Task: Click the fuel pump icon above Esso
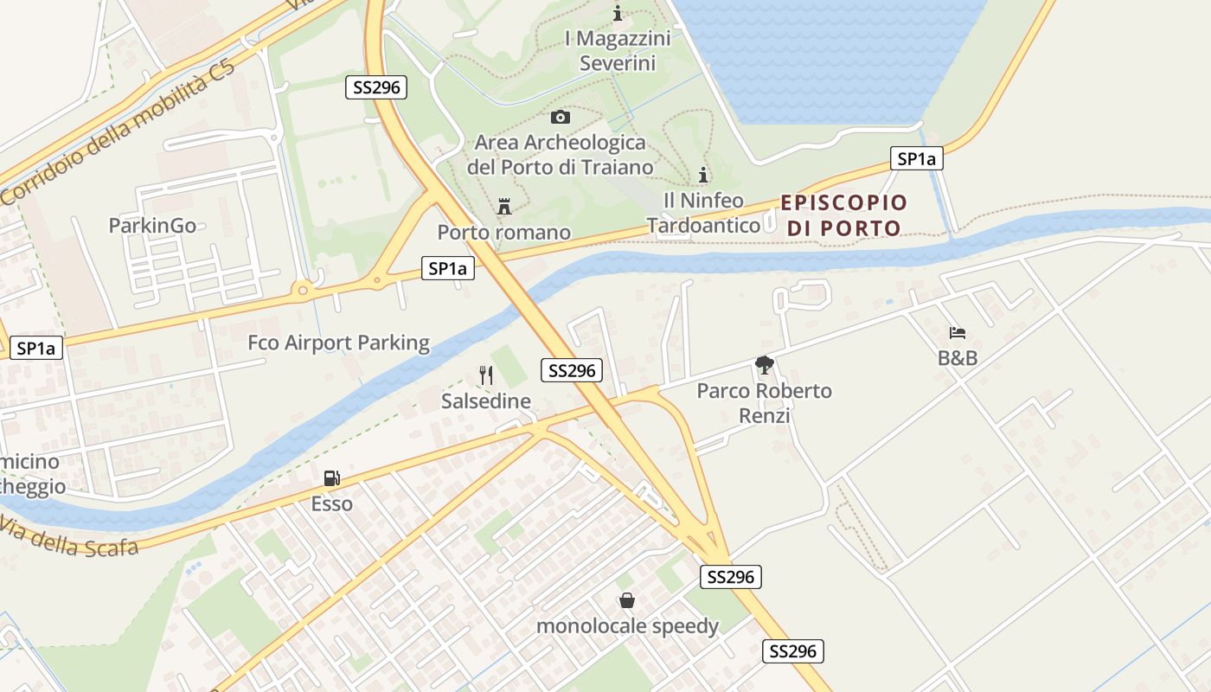tap(331, 477)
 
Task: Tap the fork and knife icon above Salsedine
tap(486, 375)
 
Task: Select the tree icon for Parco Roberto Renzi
tap(764, 365)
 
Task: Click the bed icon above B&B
tap(957, 332)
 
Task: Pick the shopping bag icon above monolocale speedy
tap(626, 599)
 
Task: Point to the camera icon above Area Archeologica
tap(561, 117)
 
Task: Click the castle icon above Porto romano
tap(504, 206)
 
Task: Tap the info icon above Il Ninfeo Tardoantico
tap(703, 175)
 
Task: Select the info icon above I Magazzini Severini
tap(618, 13)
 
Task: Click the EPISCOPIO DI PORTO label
tap(844, 215)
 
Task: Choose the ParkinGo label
tap(152, 226)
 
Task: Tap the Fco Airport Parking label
tap(338, 343)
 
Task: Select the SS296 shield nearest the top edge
tap(376, 86)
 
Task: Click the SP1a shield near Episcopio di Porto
tap(917, 158)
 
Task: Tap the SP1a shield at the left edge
tap(35, 349)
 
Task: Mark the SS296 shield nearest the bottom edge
tap(792, 651)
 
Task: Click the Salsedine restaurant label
tap(486, 401)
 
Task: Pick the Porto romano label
tap(504, 232)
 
